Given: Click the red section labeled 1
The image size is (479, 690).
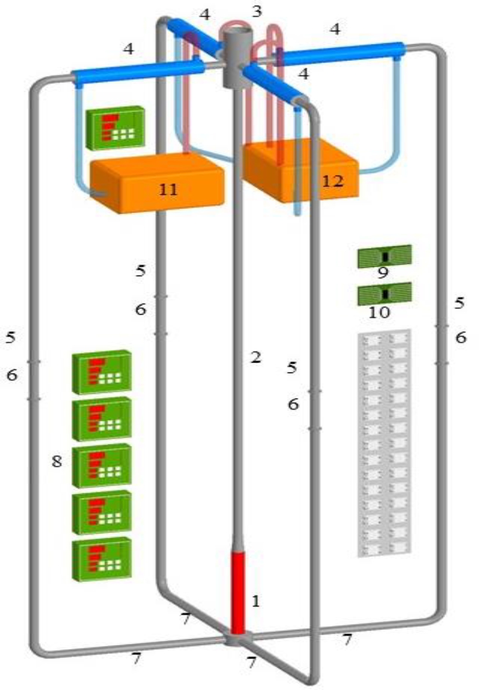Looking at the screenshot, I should tap(238, 593).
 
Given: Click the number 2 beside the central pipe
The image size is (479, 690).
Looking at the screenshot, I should tap(255, 358).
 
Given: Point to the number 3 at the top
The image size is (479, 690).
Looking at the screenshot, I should tap(257, 11).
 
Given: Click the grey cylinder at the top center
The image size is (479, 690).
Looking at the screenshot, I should tap(237, 55).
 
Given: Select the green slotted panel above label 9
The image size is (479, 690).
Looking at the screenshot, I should tap(384, 256).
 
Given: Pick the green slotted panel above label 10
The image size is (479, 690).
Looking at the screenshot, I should tap(384, 294).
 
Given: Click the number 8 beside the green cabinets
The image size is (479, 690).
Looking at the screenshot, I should tap(57, 461).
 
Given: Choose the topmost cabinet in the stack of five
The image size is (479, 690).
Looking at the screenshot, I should tap(102, 372).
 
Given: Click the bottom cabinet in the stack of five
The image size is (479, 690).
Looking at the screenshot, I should tap(102, 559).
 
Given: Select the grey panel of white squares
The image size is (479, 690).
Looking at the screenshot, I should tap(384, 444).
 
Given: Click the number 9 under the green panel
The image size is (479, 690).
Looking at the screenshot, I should tap(383, 274).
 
